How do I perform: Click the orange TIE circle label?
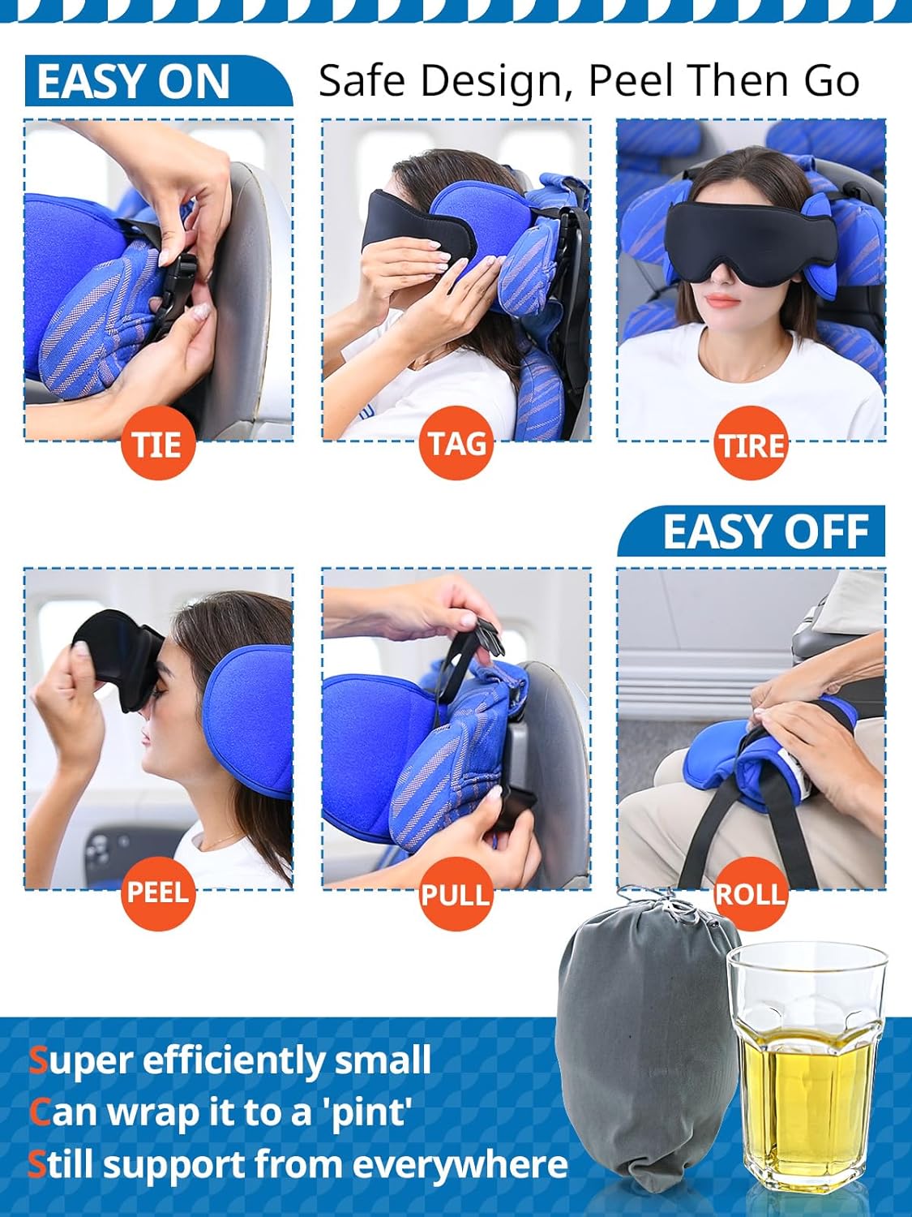[x=158, y=444]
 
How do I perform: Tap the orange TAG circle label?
[x=456, y=444]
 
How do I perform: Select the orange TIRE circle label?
[x=751, y=445]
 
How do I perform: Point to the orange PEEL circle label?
[x=158, y=892]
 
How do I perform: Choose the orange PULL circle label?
[x=456, y=894]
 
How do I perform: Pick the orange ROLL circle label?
[x=751, y=894]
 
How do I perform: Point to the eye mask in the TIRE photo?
[x=751, y=231]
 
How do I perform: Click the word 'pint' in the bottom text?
[x=369, y=1112]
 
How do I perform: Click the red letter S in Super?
[x=38, y=1060]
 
